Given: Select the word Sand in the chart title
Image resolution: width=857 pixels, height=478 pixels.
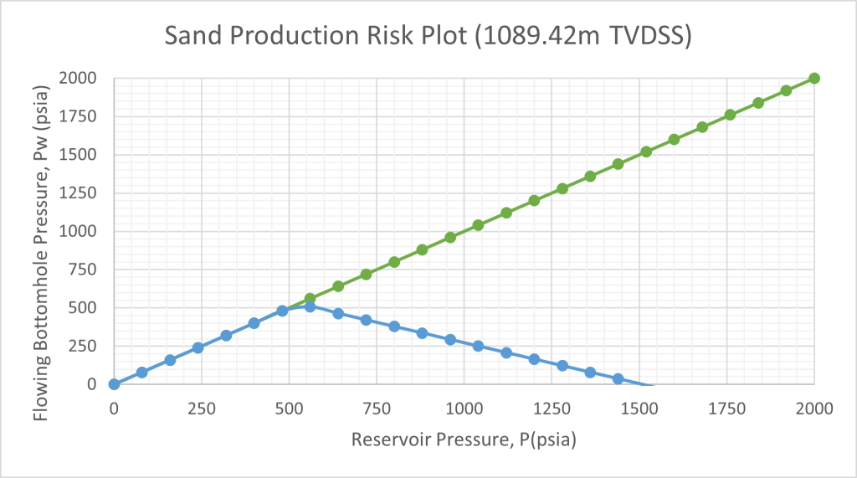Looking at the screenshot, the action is (x=194, y=35).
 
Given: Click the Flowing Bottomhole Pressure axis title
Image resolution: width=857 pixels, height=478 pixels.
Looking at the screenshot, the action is (x=42, y=253).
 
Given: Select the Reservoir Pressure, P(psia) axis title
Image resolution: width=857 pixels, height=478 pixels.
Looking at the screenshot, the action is (x=464, y=439).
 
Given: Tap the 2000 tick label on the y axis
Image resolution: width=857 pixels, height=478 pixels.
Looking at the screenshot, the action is (x=78, y=78).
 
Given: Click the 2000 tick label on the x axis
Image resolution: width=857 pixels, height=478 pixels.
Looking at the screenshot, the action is (x=813, y=409).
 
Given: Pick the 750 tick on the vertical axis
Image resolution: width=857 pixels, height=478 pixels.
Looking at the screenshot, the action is (x=83, y=269).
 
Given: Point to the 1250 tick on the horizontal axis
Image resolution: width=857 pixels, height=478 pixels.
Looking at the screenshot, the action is (x=552, y=409).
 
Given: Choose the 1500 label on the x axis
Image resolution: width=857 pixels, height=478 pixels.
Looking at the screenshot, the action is (x=639, y=409).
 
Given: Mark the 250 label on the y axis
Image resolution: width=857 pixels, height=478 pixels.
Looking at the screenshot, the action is (x=83, y=346).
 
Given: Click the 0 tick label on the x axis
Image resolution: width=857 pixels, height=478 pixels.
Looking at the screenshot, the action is (x=114, y=409).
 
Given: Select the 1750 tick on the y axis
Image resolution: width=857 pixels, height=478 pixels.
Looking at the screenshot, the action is (x=78, y=116).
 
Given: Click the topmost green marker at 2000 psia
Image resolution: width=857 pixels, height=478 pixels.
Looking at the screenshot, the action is (x=813, y=78).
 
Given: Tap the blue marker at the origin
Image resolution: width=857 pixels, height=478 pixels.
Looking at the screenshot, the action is (x=114, y=384).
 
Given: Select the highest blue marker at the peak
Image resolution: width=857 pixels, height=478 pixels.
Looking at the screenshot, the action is (x=310, y=306).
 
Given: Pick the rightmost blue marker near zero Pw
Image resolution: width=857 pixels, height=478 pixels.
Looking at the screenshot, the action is (x=618, y=378).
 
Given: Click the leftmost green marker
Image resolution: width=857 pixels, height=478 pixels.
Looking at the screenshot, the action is (x=310, y=299).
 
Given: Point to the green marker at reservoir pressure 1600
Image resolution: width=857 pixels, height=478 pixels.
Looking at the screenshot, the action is (x=674, y=140).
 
